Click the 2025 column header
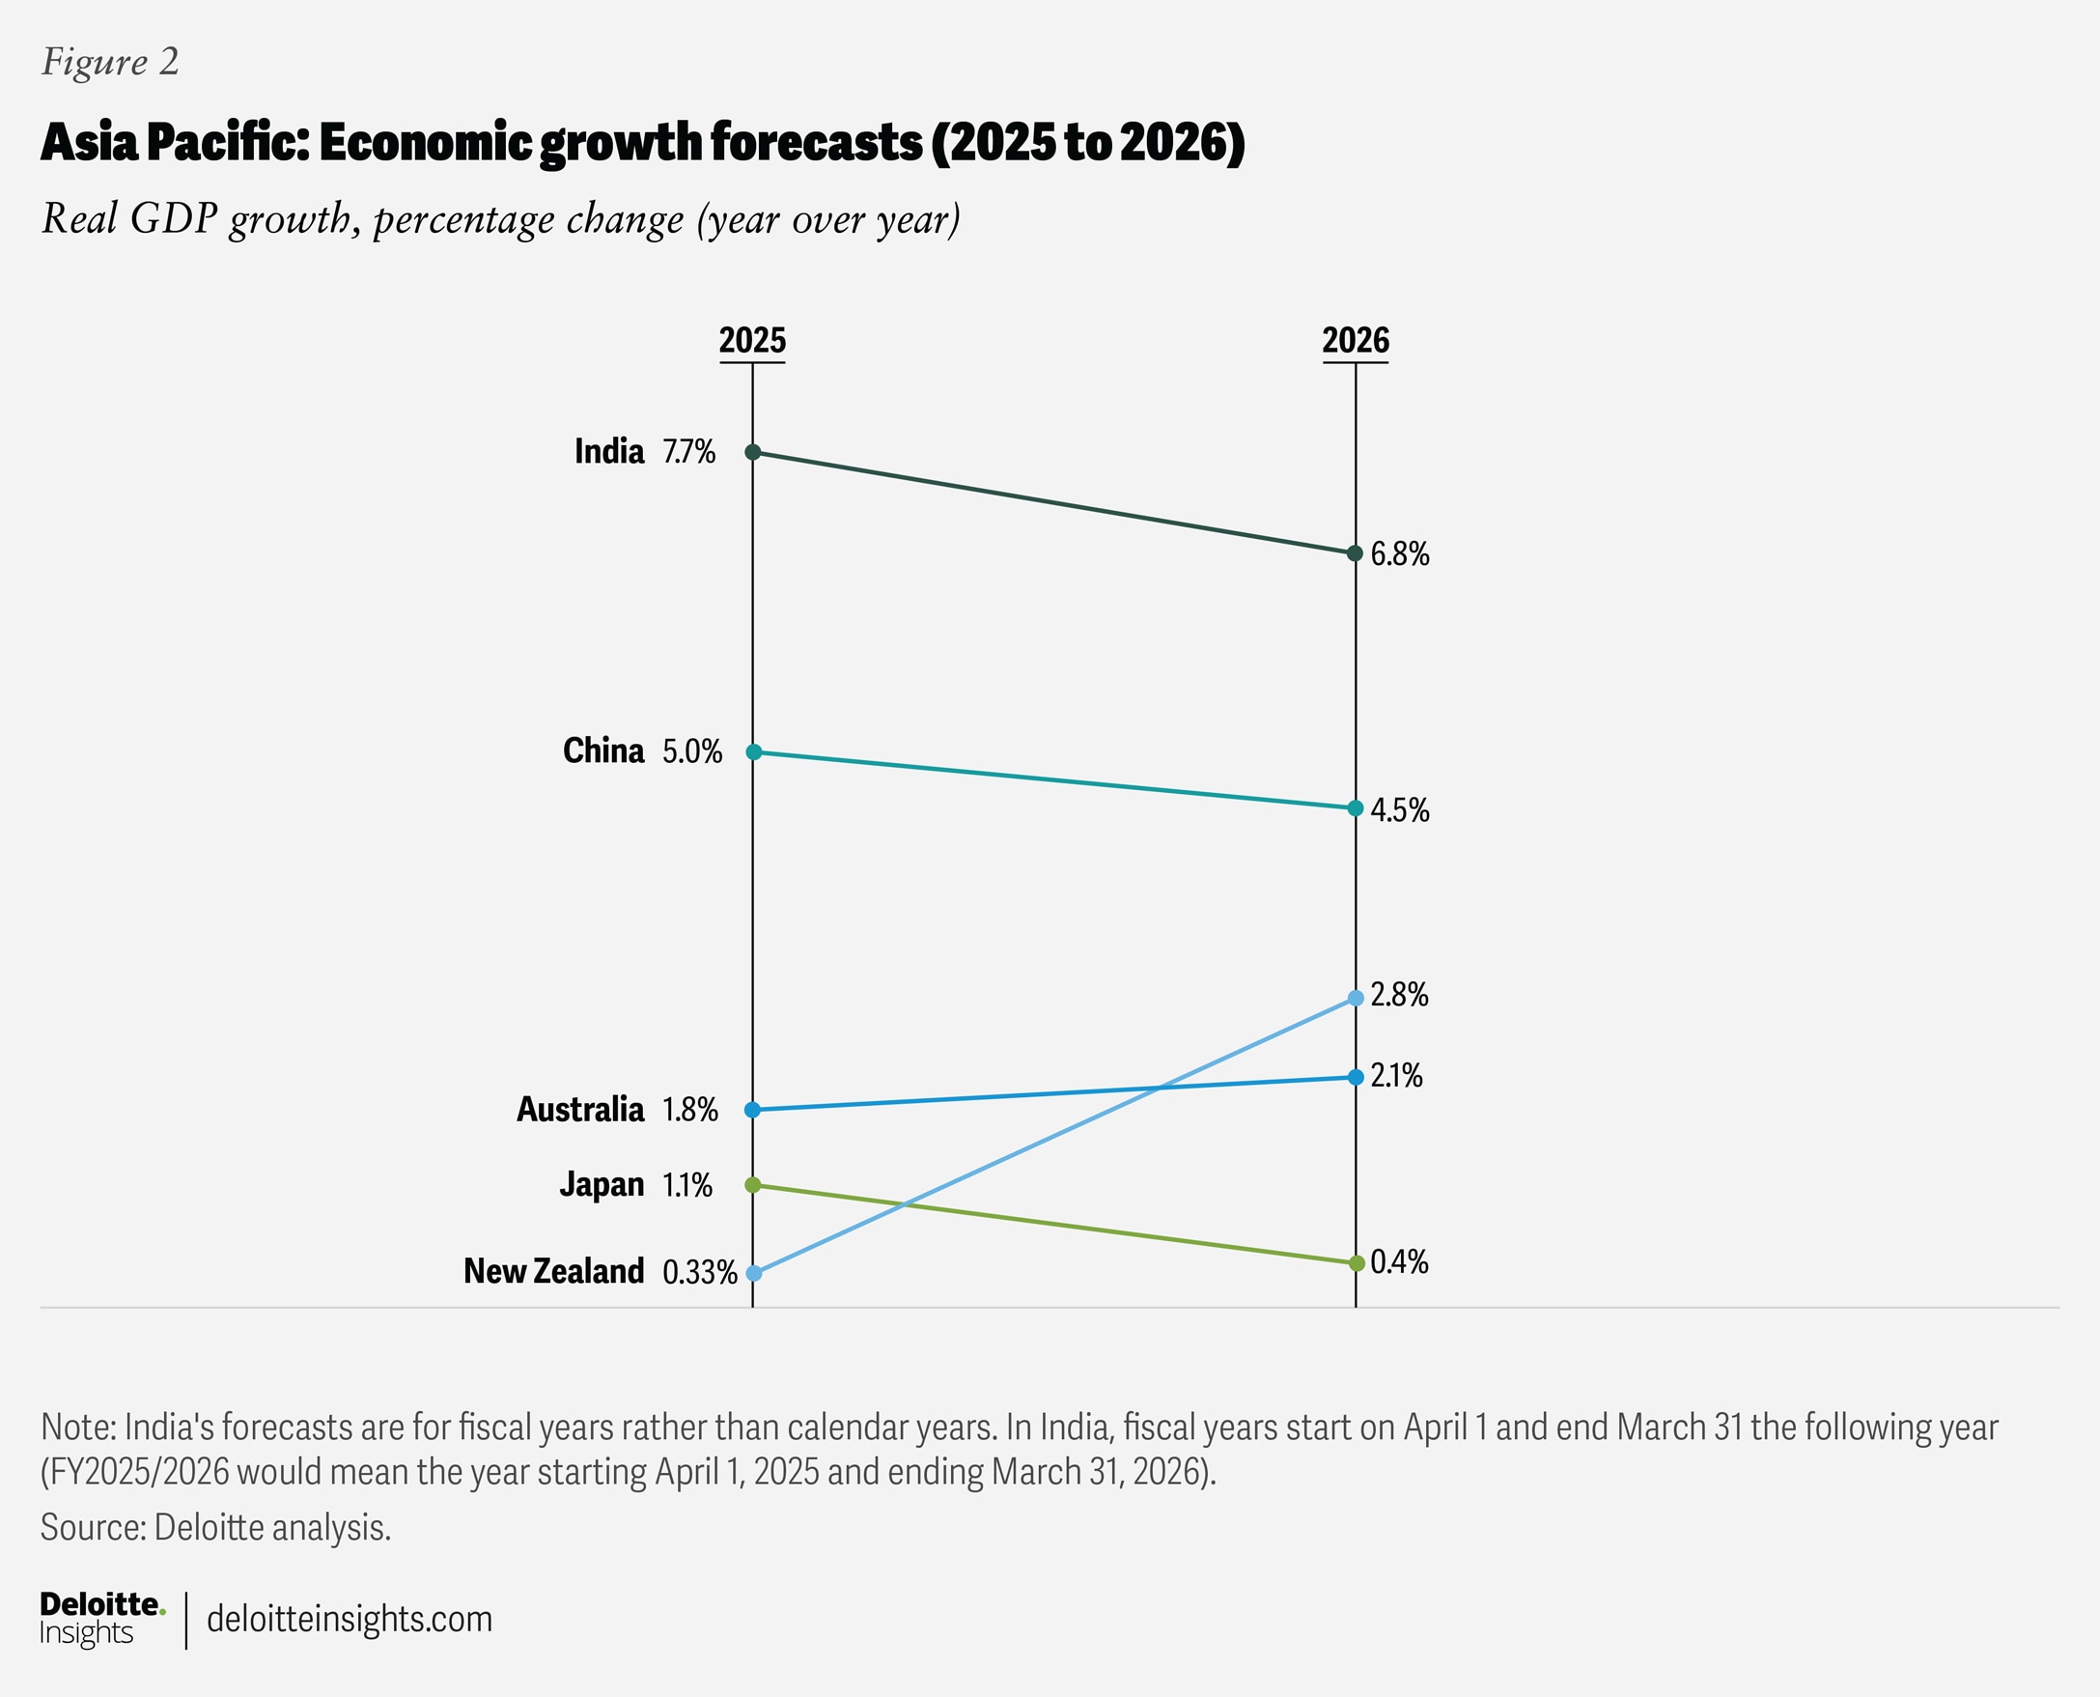pos(751,340)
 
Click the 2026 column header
pos(1355,340)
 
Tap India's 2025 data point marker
pos(752,452)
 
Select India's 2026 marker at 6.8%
pos(1356,553)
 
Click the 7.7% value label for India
pos(689,452)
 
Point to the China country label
pos(602,750)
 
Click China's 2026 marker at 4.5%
pos(1356,808)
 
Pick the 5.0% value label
pos(692,751)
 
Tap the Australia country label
pos(579,1110)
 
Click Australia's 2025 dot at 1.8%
pos(752,1110)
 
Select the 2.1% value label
pos(1396,1076)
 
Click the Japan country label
pos(601,1185)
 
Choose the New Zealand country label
pos(553,1271)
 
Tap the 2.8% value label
pos(1399,995)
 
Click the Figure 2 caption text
pos(109,62)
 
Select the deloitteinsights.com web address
pos(349,1619)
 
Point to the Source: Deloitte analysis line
pos(215,1527)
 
